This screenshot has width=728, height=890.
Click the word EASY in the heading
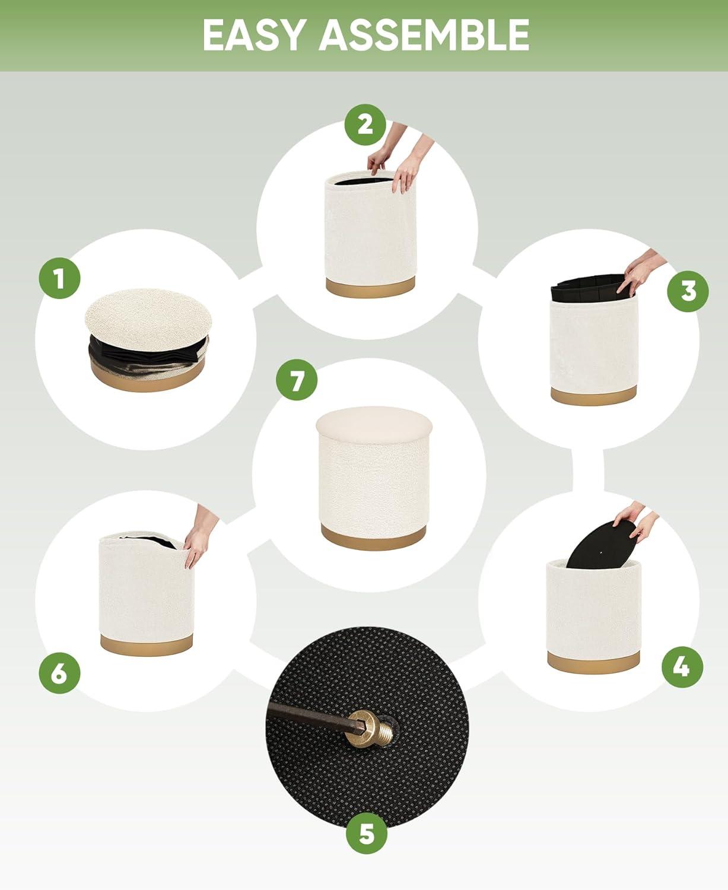pyautogui.click(x=255, y=36)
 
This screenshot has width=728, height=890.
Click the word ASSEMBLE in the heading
pyautogui.click(x=424, y=36)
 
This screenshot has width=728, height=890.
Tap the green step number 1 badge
pyautogui.click(x=59, y=278)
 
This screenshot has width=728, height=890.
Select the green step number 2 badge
pyautogui.click(x=365, y=125)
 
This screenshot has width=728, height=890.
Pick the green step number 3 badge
pyautogui.click(x=688, y=291)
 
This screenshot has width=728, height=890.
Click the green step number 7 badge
pyautogui.click(x=297, y=380)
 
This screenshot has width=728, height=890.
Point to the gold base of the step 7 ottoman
pyautogui.click(x=374, y=537)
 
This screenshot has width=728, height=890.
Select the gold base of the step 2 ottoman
pyautogui.click(x=370, y=287)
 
